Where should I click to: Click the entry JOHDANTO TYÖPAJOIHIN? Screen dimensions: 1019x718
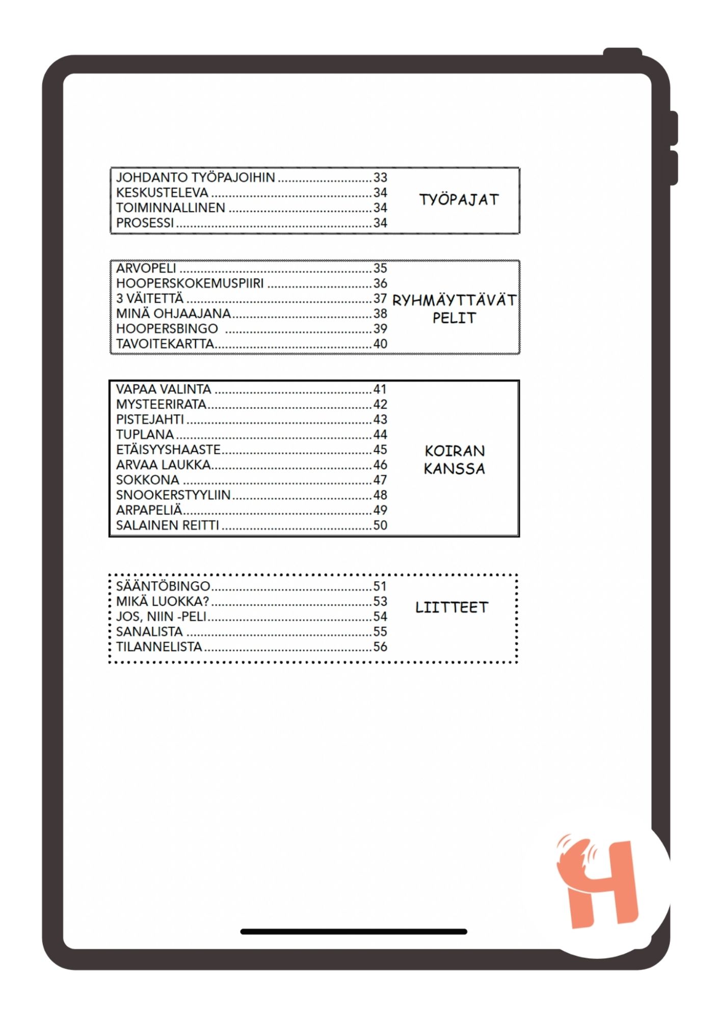point(195,178)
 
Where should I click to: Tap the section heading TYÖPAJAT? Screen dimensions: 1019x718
point(459,200)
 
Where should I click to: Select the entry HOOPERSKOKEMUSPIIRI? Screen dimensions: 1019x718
point(190,283)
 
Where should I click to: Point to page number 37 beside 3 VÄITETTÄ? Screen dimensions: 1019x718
point(380,299)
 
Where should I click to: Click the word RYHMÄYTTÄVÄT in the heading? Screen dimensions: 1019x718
point(454,301)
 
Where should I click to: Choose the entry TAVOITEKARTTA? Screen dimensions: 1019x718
point(165,344)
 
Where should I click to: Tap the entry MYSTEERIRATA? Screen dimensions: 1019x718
point(161,405)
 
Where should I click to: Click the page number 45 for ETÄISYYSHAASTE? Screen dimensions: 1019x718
point(380,450)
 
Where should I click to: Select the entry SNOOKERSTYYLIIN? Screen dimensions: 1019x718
point(173,495)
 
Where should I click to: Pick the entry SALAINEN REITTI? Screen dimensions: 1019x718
point(167,525)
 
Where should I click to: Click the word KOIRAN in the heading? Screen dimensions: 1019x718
point(455,451)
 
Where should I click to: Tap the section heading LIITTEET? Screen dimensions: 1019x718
point(451,607)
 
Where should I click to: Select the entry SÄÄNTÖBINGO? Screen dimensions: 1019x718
point(163,586)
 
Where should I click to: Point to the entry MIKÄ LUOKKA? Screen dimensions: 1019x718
point(163,602)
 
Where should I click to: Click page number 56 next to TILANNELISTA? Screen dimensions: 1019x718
point(380,647)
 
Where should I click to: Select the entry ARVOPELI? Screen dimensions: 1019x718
point(146,269)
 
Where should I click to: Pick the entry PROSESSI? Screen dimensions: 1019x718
point(145,223)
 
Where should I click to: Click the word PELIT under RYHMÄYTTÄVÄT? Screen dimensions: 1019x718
point(454,318)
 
